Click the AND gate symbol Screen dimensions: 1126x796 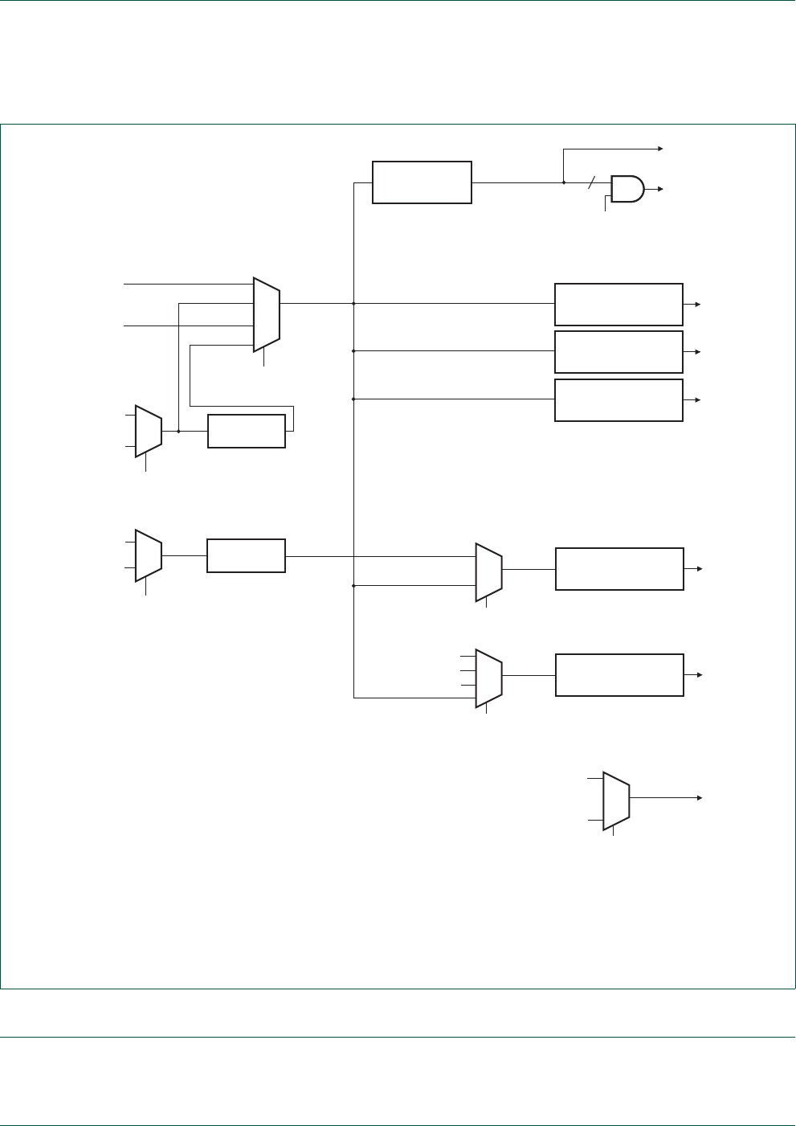pyautogui.click(x=627, y=189)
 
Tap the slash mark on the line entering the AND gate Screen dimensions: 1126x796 pyautogui.click(x=592, y=182)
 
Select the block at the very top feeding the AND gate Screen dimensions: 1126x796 pyautogui.click(x=422, y=182)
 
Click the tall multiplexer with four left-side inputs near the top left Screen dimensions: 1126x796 pyautogui.click(x=267, y=314)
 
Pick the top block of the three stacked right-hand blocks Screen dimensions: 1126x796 pyautogui.click(x=618, y=304)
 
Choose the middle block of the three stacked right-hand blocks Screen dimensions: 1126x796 pyautogui.click(x=618, y=351)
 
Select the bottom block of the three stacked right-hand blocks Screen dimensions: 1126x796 pyautogui.click(x=618, y=399)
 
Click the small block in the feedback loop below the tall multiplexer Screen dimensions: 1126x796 pyautogui.click(x=247, y=431)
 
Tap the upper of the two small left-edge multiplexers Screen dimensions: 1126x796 pyautogui.click(x=149, y=431)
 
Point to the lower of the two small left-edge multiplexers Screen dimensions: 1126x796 pyautogui.click(x=149, y=555)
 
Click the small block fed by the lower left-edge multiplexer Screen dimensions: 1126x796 pyautogui.click(x=246, y=555)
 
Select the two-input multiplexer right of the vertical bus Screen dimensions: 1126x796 pyautogui.click(x=489, y=571)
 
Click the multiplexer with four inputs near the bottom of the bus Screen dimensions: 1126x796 pyautogui.click(x=489, y=678)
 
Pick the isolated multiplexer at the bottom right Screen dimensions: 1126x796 pyautogui.click(x=616, y=800)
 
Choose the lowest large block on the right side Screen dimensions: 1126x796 pyautogui.click(x=619, y=675)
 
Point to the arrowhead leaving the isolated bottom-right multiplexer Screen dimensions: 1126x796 pyautogui.click(x=700, y=797)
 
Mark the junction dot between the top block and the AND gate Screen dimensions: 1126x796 pyautogui.click(x=564, y=182)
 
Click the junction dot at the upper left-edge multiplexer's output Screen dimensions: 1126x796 pyautogui.click(x=178, y=431)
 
